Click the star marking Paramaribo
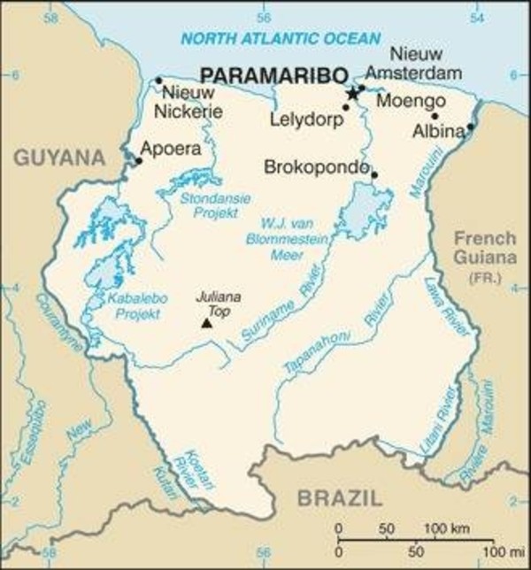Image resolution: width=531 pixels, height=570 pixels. (353, 93)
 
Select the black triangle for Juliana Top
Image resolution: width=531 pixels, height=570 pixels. (206, 323)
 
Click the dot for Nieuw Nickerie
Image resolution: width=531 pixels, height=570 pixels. (158, 81)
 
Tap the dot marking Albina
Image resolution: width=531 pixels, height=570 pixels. (470, 127)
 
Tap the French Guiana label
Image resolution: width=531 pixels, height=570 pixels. (484, 248)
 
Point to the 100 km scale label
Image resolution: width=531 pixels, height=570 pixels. (449, 528)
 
